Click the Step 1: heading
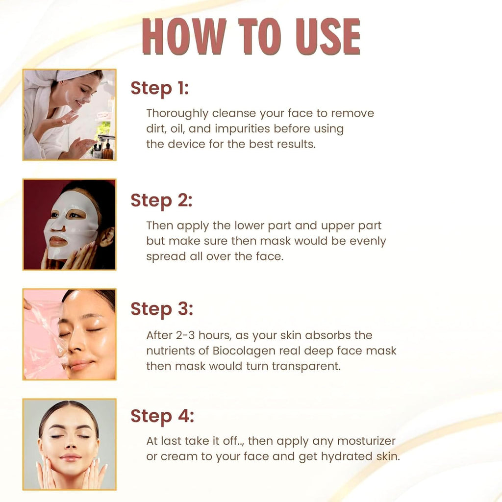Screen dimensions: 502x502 pyautogui.click(x=159, y=89)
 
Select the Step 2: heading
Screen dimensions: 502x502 pyautogui.click(x=161, y=201)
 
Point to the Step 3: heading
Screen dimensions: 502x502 pyautogui.click(x=161, y=309)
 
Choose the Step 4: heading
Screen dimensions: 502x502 pyautogui.click(x=162, y=416)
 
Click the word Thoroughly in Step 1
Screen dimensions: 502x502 pyautogui.click(x=177, y=114)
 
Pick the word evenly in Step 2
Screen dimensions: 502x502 pyautogui.click(x=364, y=241)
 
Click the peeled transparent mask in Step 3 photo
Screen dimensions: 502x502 pyautogui.click(x=44, y=338)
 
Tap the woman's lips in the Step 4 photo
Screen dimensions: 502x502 pyautogui.click(x=71, y=457)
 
